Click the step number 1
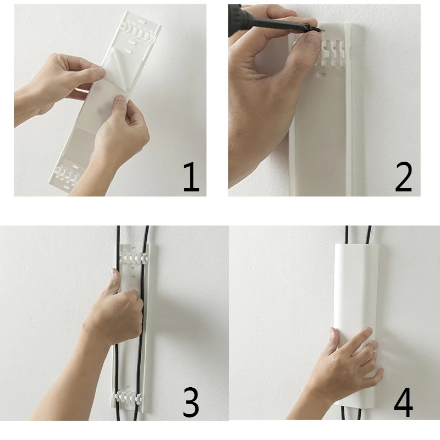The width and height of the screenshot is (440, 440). pyautogui.click(x=191, y=178)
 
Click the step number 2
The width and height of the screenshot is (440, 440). pyautogui.click(x=404, y=177)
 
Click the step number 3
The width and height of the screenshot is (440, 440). pyautogui.click(x=191, y=402)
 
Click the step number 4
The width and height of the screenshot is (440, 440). pyautogui.click(x=404, y=402)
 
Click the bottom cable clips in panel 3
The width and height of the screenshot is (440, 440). pyautogui.click(x=128, y=395)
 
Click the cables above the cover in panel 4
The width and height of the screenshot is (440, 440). pyautogui.click(x=358, y=235)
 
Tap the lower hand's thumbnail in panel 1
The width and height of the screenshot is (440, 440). pyautogui.click(x=120, y=98)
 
